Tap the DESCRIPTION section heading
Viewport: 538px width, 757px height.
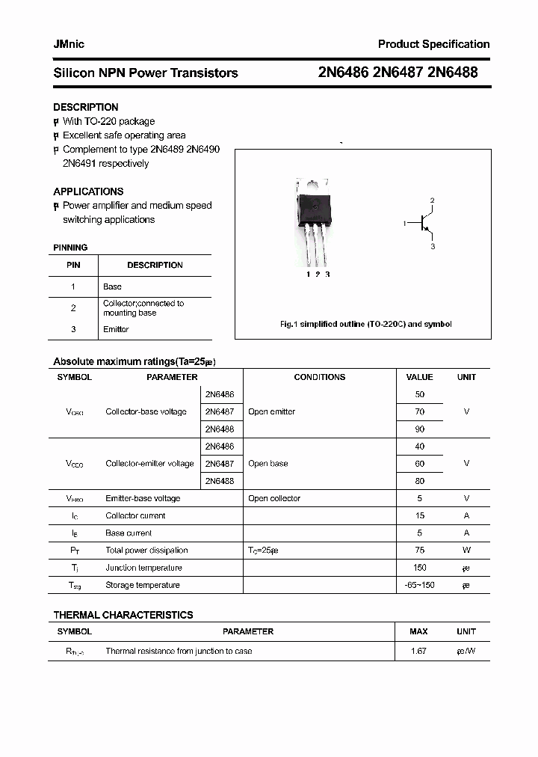coord(85,107)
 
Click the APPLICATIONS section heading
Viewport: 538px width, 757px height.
coord(88,191)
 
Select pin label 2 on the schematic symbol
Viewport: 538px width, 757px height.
coord(432,200)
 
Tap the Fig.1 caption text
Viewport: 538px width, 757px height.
coord(365,324)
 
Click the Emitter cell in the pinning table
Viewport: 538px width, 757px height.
coord(116,329)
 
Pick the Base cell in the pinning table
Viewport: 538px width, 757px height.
coord(112,286)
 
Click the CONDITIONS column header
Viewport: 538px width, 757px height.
coord(319,377)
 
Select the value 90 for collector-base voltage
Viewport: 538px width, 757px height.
coord(419,429)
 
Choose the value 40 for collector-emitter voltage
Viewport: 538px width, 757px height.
coord(419,446)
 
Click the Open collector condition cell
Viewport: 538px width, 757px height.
coord(274,498)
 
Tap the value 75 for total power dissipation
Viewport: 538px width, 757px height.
coord(419,551)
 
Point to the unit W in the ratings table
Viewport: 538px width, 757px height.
coord(466,551)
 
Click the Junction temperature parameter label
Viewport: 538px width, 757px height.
coord(143,568)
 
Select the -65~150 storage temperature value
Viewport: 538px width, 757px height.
coord(419,585)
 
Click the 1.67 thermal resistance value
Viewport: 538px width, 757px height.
coord(418,651)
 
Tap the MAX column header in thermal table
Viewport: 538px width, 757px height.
coord(418,631)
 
